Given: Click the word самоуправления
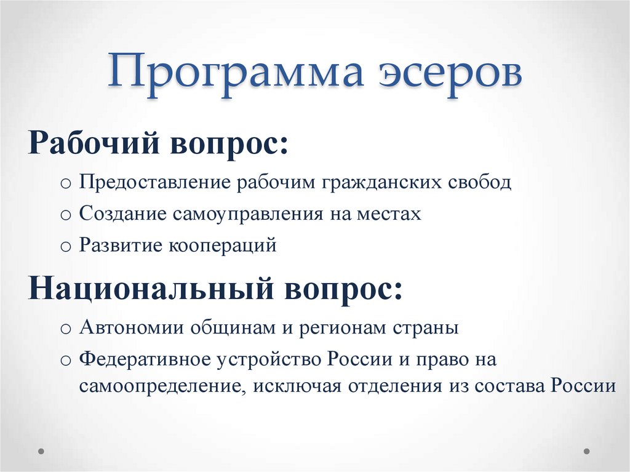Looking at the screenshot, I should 245,215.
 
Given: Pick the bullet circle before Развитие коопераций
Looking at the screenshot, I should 66,247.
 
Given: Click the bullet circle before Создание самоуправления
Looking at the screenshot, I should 66,215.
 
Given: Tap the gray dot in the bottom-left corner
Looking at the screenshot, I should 42,451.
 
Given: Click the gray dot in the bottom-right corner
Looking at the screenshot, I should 586,451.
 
